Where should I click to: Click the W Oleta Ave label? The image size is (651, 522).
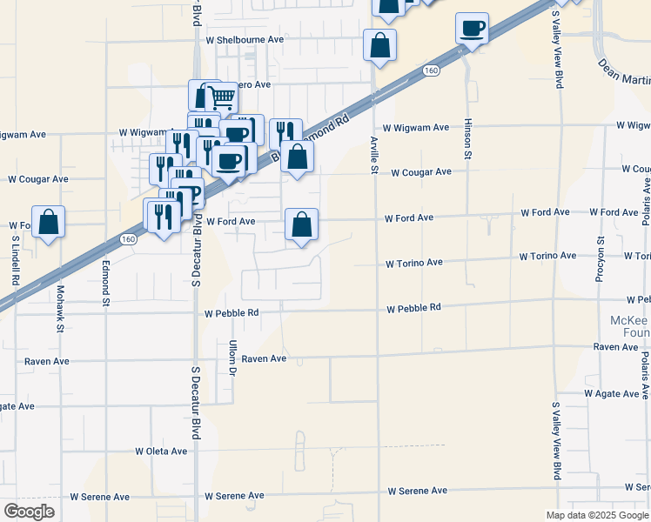(x=161, y=452)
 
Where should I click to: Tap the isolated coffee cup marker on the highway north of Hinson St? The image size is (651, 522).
(x=472, y=30)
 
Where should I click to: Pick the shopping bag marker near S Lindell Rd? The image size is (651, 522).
(x=49, y=223)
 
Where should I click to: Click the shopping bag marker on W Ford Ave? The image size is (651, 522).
(x=301, y=225)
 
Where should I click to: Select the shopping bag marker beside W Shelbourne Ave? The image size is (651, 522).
(x=379, y=45)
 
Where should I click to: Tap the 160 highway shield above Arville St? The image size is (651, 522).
(x=432, y=70)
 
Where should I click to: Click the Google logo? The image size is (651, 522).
(x=30, y=511)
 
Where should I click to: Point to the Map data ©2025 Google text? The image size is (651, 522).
(x=596, y=514)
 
